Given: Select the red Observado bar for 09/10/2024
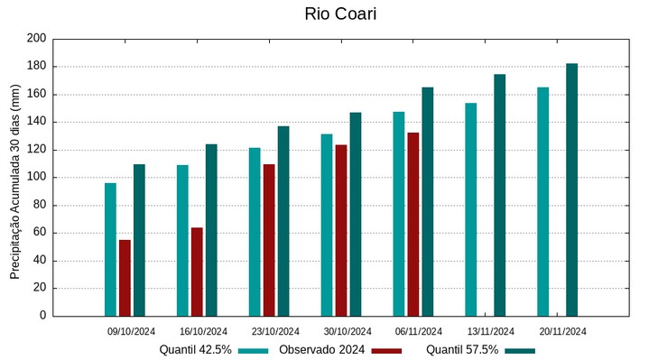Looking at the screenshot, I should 125,278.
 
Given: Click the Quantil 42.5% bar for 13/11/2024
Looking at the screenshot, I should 471,209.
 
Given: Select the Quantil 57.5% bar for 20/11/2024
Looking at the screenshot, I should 571,189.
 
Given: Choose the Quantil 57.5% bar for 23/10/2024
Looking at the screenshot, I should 283,221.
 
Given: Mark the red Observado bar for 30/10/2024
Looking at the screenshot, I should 341,230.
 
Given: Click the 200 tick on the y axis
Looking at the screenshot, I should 36,39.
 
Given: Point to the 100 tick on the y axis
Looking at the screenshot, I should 36,178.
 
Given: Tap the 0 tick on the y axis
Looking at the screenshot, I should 42,316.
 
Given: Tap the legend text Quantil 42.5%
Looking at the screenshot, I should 196,350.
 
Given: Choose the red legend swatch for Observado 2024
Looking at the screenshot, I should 386,350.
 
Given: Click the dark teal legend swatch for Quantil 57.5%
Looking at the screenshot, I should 520,350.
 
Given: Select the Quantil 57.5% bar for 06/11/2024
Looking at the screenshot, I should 428,202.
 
